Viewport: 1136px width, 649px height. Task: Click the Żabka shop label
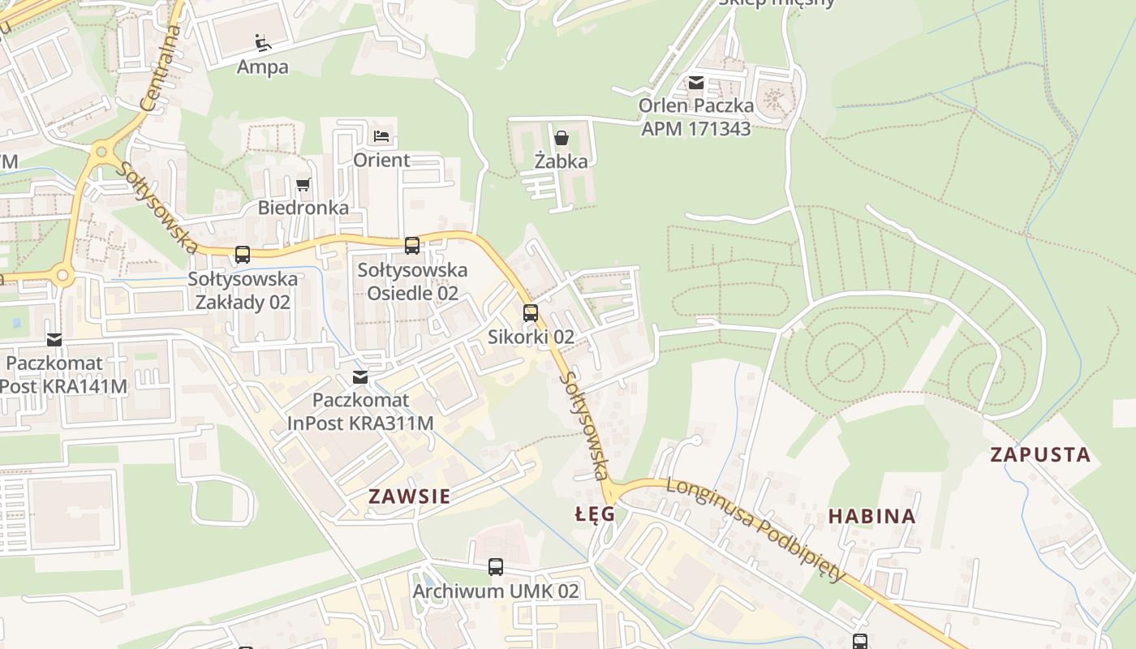pos(561,161)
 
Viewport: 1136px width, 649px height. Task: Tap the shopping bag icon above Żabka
pos(561,137)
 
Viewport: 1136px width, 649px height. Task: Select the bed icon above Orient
pos(381,135)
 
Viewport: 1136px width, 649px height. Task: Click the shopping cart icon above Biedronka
pos(303,184)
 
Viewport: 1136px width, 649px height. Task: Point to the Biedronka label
pos(303,208)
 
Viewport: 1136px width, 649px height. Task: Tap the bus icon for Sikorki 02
pos(531,312)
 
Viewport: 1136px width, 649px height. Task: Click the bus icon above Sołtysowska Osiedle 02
pos(412,245)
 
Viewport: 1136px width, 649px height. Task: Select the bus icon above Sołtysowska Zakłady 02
pos(243,255)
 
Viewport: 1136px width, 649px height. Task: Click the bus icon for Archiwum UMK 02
pos(496,567)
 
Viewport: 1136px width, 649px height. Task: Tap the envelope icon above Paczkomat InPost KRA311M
pos(360,376)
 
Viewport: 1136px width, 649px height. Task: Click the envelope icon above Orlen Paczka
pos(696,82)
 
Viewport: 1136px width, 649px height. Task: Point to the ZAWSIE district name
pos(409,496)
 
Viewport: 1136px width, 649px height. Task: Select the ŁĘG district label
pos(595,514)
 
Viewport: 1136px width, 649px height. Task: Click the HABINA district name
pos(871,516)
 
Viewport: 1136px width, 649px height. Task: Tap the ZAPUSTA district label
pos(1040,454)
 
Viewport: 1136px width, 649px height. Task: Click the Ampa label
pos(262,67)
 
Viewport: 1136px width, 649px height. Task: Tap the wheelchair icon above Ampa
pos(262,42)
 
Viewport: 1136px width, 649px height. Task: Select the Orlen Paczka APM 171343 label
pos(695,117)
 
